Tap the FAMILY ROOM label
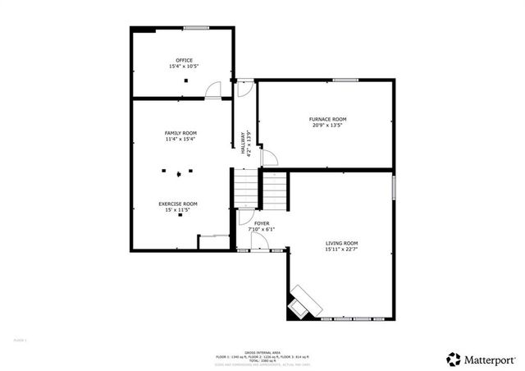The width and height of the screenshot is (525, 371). tap(181, 132)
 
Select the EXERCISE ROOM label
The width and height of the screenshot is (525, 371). tap(178, 204)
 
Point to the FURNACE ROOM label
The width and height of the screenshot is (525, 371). tap(328, 119)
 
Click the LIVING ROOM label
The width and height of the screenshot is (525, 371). tap(342, 243)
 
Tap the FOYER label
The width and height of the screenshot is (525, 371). tap(262, 223)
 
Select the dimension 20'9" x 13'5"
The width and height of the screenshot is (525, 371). tap(328, 126)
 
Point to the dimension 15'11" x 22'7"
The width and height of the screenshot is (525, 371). tap(342, 250)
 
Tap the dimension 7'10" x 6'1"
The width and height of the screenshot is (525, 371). tap(262, 229)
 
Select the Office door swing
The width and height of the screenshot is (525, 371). tap(214, 89)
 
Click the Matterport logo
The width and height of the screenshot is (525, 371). tap(475, 359)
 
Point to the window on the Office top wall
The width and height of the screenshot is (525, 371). tap(196, 29)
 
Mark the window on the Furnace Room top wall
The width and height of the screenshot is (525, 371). tap(345, 80)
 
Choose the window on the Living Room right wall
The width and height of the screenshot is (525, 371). tap(393, 186)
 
